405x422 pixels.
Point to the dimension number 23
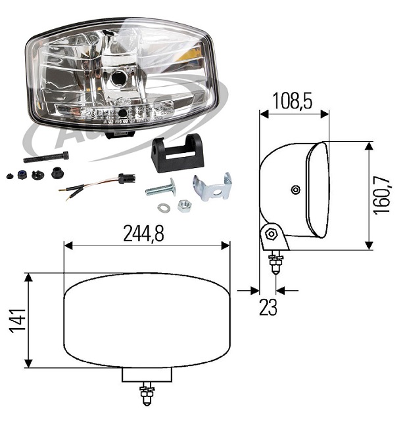coord(268,307)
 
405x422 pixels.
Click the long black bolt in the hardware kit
coord(45,157)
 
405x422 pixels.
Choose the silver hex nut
coord(184,207)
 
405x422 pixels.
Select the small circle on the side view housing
coord(295,190)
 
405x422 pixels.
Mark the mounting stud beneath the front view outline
coord(147,396)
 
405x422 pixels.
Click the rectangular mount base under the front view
coord(147,374)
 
